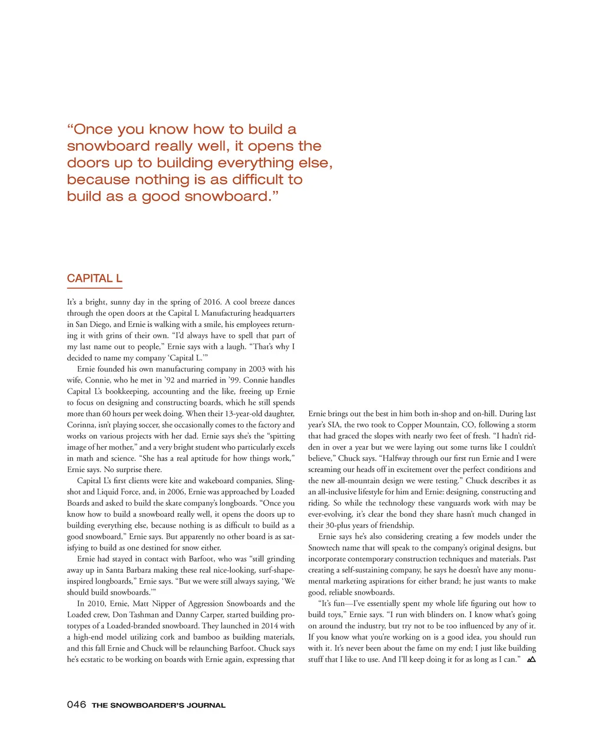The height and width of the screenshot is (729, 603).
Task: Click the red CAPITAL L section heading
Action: (94, 278)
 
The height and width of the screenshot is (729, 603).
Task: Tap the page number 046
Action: (77, 704)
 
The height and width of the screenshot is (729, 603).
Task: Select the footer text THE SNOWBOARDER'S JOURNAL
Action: (158, 705)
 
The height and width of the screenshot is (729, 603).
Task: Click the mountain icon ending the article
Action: (531, 659)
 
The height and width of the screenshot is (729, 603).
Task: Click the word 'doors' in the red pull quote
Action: (88, 163)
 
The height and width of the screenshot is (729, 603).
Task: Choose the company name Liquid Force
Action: (110, 492)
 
